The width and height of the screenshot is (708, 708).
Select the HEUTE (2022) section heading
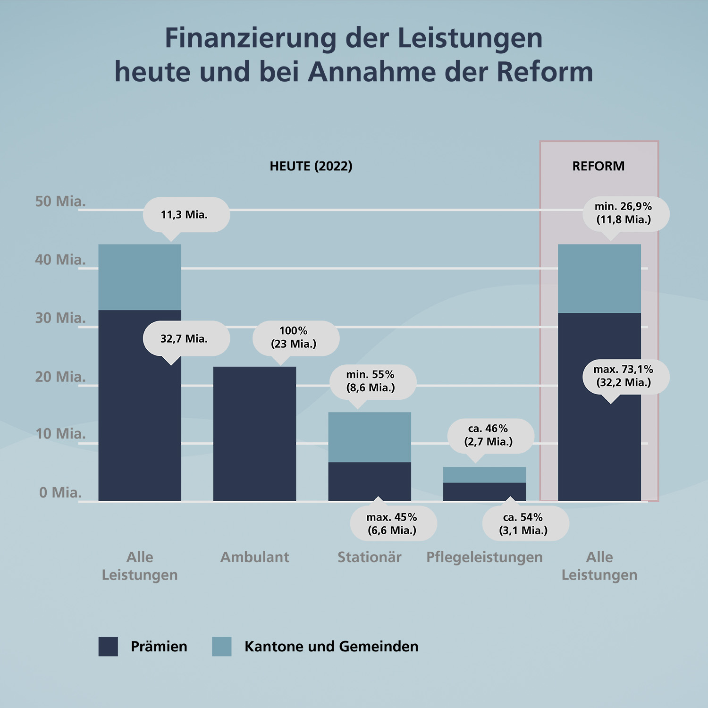[311, 166]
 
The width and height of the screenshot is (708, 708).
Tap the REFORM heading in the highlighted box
[598, 166]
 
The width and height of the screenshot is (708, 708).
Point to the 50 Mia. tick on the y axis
[60, 202]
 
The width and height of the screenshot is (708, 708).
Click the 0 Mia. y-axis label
[60, 492]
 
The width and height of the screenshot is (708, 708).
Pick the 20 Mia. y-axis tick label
[60, 377]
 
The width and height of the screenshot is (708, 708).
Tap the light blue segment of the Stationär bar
[370, 437]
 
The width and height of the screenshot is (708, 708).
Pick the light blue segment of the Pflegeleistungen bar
[484, 474]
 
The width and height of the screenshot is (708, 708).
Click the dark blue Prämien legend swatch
[108, 646]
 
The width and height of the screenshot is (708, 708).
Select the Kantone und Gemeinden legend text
[331, 646]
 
